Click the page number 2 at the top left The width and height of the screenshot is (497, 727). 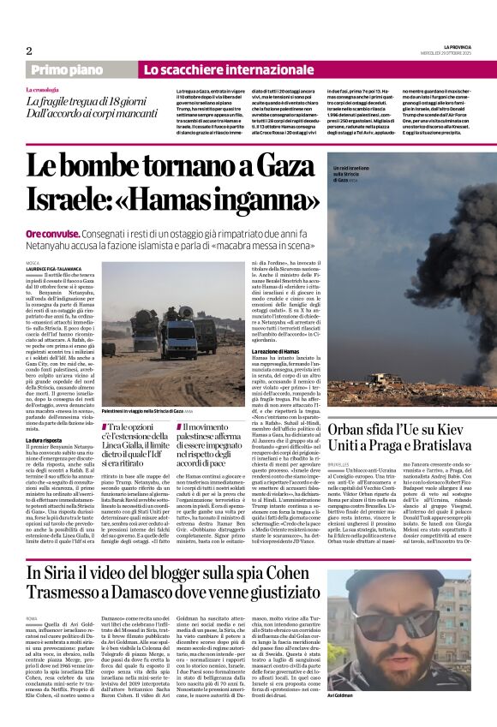tap(28, 51)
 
